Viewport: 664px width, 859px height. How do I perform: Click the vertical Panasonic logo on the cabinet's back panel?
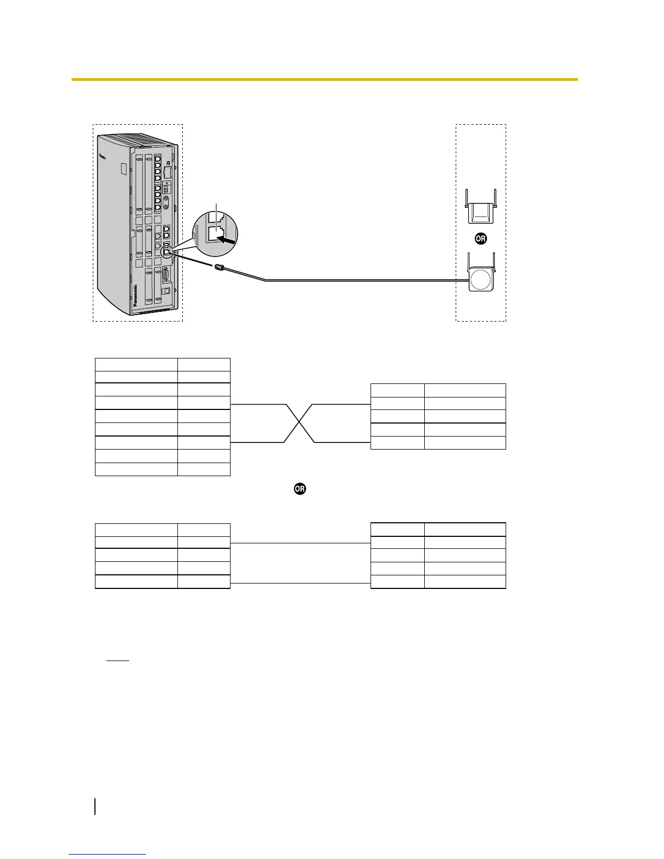coord(135,298)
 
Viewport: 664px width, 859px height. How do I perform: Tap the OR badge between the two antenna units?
coord(480,239)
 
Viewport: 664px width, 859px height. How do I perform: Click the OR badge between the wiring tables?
coord(299,489)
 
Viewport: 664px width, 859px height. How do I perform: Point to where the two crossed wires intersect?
coord(299,423)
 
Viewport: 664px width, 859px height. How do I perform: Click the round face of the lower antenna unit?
coord(480,281)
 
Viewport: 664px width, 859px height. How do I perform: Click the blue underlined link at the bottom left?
coord(108,854)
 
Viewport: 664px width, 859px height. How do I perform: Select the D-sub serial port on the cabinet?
coord(167,273)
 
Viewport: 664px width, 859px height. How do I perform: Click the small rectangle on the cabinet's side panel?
coord(124,169)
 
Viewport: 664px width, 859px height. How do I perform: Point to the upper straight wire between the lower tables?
coord(300,543)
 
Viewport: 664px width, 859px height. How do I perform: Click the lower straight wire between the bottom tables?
coord(300,583)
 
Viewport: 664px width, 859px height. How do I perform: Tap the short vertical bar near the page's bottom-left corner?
coord(95,806)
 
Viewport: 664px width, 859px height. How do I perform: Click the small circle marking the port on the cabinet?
coord(167,251)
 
